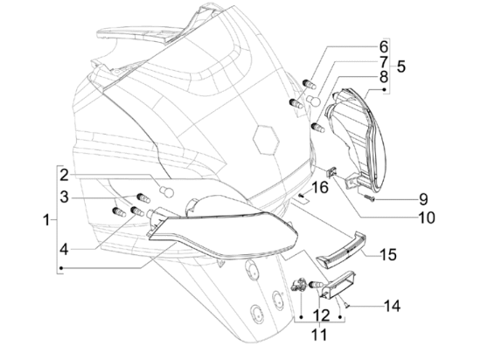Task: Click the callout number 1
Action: [x=46, y=219]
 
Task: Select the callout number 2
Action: [x=64, y=175]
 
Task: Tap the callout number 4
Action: [x=64, y=250]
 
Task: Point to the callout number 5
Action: [x=401, y=66]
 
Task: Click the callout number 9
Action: [x=423, y=199]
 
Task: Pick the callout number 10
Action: [x=427, y=218]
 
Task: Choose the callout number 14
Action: [x=392, y=306]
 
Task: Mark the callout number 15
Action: [x=387, y=254]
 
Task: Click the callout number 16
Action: [x=320, y=187]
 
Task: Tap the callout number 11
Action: [x=319, y=335]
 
